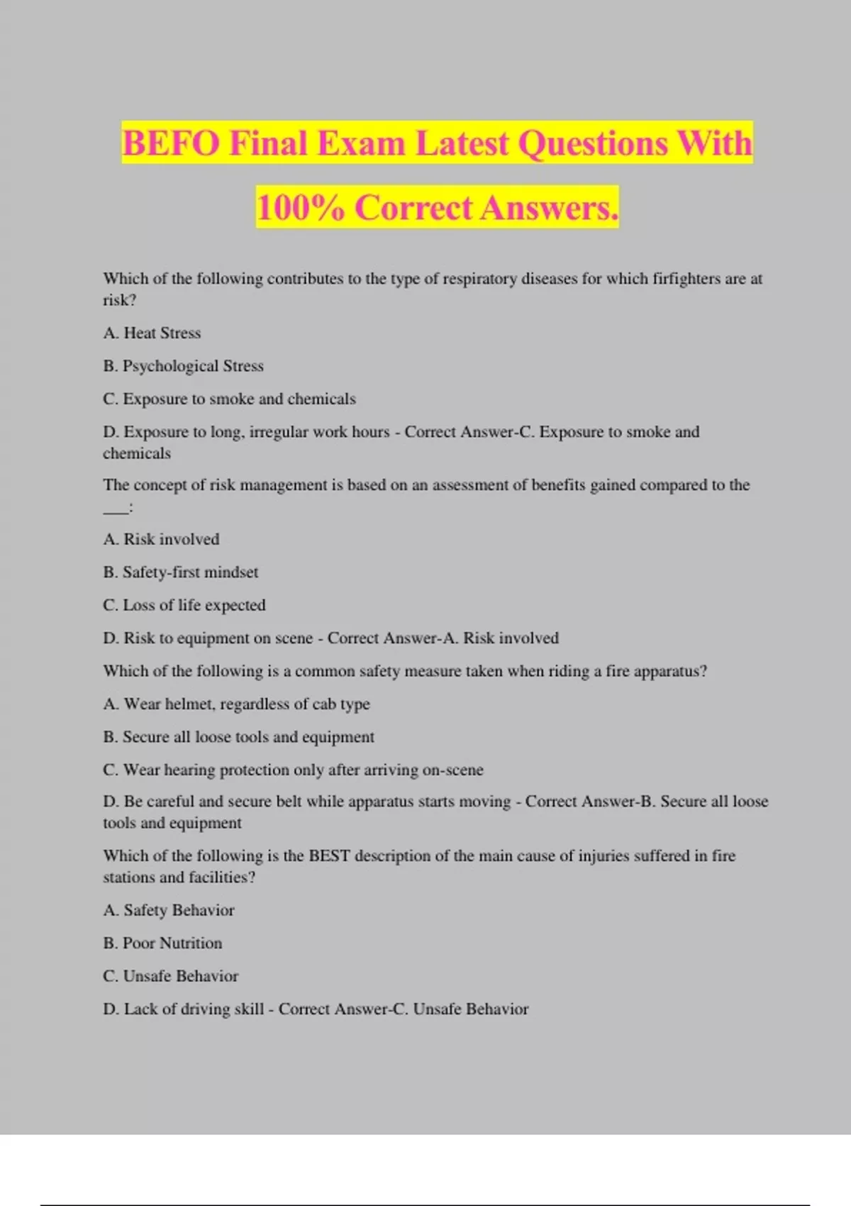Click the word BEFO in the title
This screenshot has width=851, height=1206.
[171, 143]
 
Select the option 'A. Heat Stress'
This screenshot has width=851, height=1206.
[152, 333]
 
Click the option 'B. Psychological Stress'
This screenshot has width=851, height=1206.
[183, 366]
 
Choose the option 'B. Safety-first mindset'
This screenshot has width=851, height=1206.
[180, 572]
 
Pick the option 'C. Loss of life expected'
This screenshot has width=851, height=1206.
[184, 605]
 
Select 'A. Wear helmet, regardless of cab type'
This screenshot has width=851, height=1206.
[236, 704]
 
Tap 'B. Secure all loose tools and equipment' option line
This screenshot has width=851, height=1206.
[238, 737]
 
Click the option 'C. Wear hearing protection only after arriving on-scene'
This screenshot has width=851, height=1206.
[293, 770]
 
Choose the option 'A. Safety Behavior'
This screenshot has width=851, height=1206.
[168, 910]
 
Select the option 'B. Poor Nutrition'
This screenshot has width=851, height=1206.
[162, 943]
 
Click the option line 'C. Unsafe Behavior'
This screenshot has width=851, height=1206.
[170, 976]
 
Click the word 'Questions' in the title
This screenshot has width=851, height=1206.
[593, 143]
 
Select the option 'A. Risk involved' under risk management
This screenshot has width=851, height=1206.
[161, 539]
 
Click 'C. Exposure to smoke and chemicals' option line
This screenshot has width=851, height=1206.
[229, 399]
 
